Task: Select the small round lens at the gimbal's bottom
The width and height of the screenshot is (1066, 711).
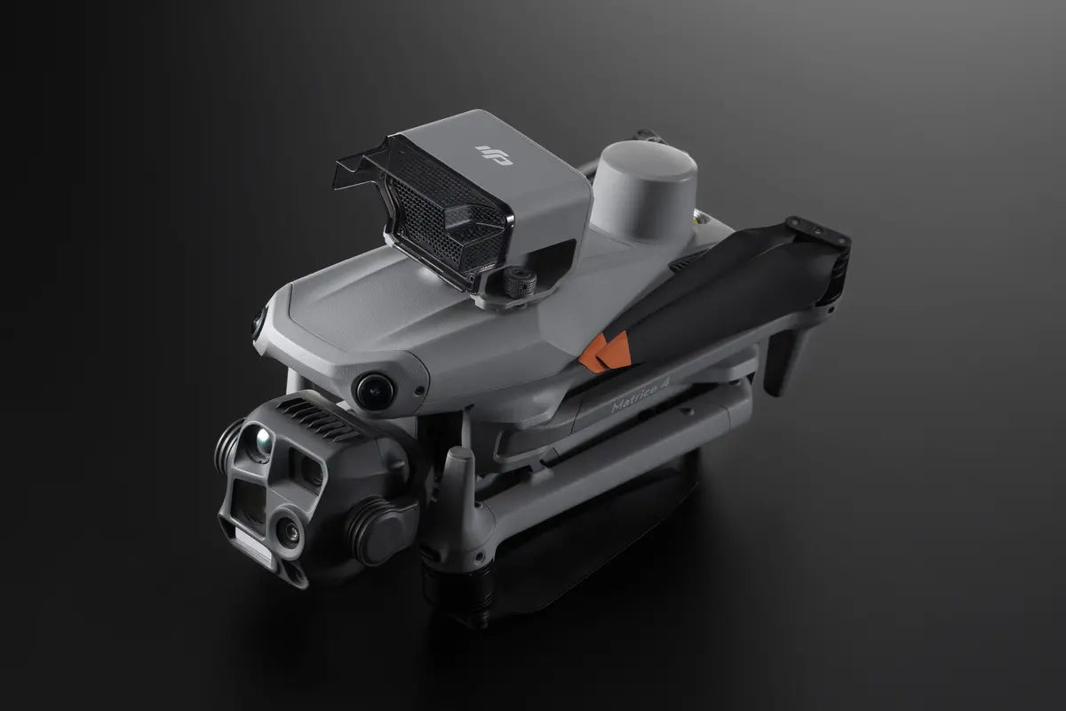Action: [x=286, y=531]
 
